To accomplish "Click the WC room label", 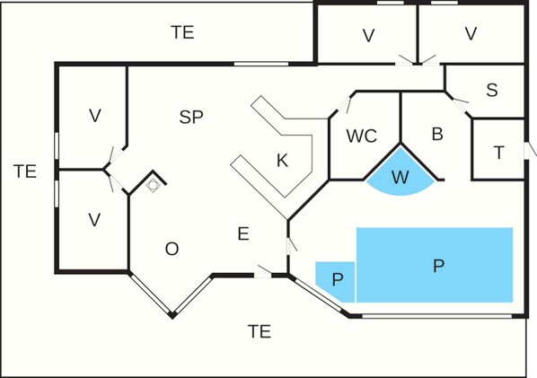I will tap(361, 136).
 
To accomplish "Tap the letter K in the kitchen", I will tap(282, 161).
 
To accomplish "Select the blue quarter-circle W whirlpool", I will tap(401, 176).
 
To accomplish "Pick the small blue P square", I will tap(337, 279).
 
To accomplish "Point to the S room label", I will tap(492, 90).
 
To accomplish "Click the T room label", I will tap(498, 153).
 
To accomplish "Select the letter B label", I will tap(437, 135).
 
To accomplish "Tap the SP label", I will tap(190, 117).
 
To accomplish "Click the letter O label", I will tap(172, 249).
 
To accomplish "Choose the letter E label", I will tap(242, 233).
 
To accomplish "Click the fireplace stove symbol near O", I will tap(154, 184).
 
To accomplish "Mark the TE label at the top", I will tap(183, 33).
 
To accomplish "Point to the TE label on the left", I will tap(25, 171).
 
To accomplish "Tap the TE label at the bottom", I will tap(259, 331).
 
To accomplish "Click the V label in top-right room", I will tap(471, 35).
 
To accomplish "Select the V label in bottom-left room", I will tap(94, 220).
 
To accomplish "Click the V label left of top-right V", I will tap(368, 35).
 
